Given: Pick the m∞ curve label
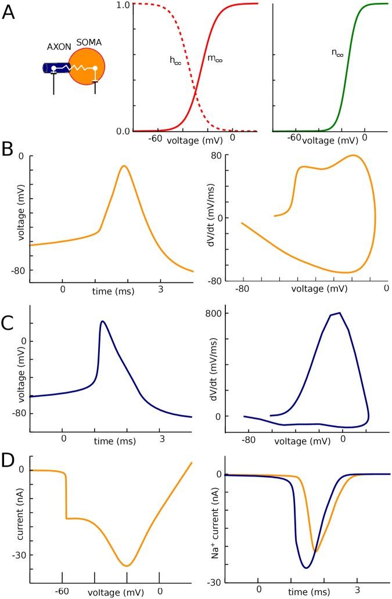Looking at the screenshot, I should pos(214,59).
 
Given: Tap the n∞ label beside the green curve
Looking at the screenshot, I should pos(337,53).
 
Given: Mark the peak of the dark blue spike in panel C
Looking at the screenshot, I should pos(102,321).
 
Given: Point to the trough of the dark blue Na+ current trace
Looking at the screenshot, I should pos(305,568).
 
